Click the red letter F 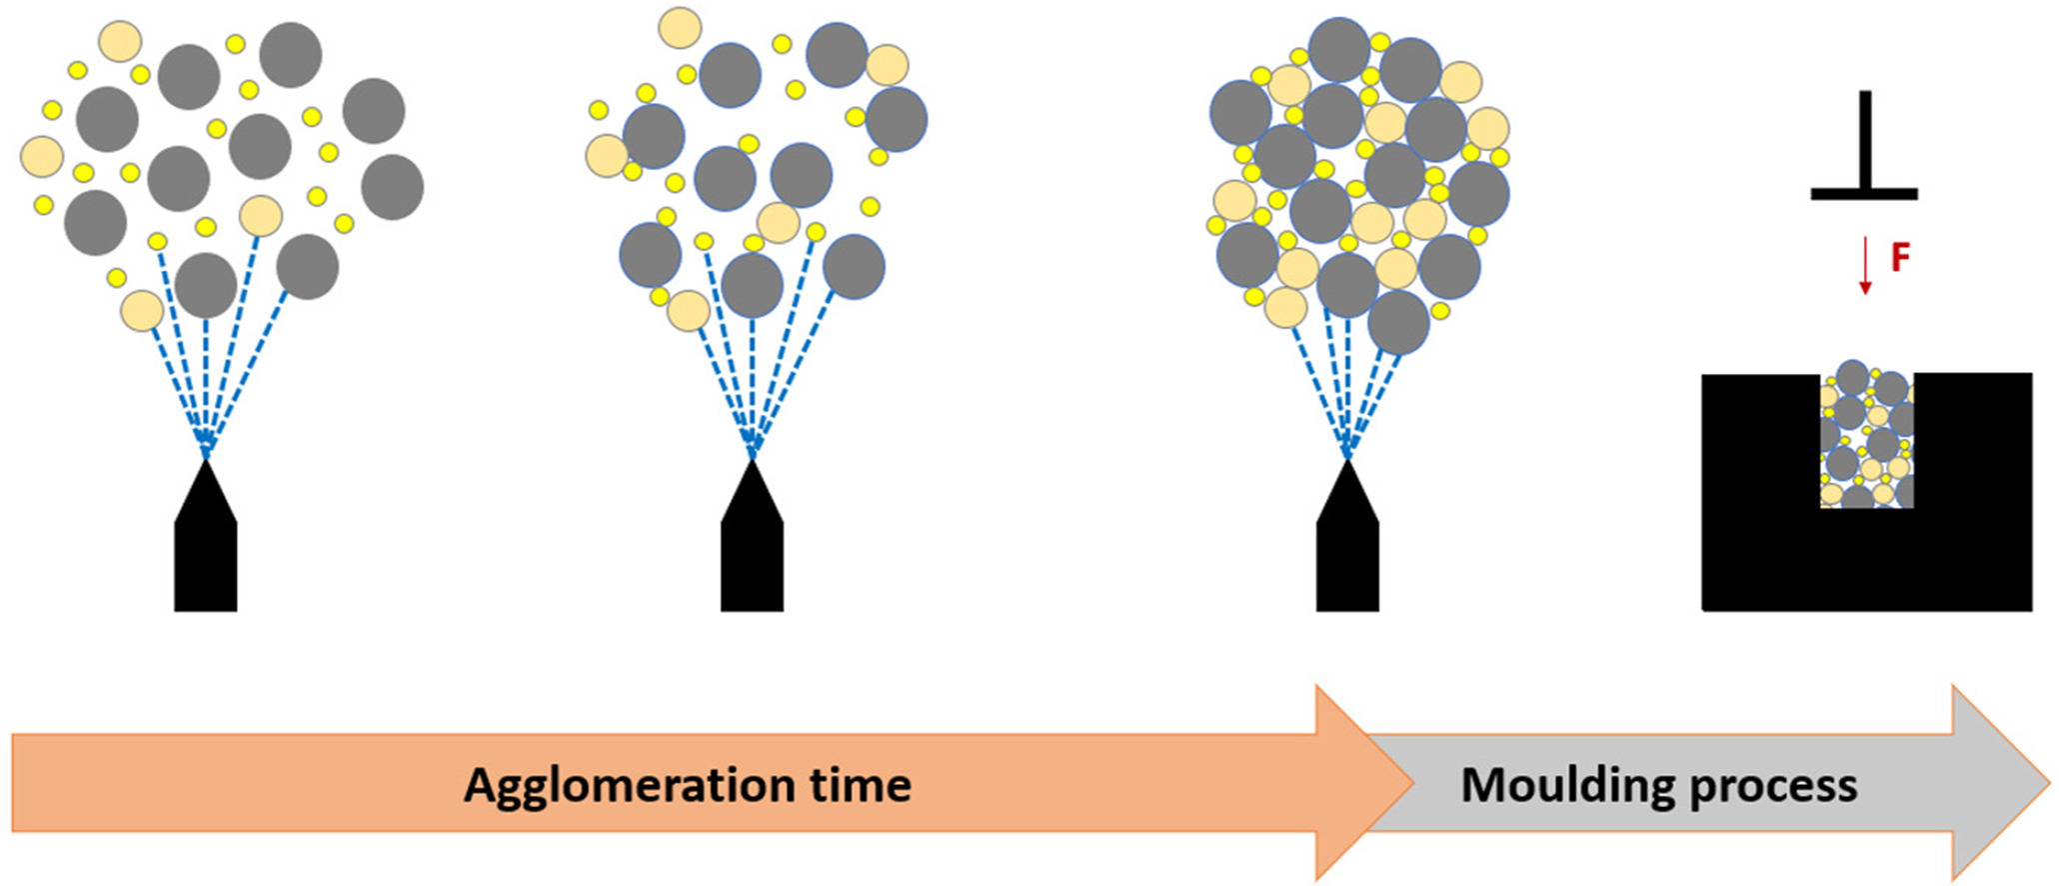click(1900, 258)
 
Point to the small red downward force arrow click(1864, 265)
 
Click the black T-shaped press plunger click(1864, 145)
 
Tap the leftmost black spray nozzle click(206, 536)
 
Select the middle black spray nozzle click(752, 536)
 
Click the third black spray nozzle click(1347, 536)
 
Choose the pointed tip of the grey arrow click(2050, 784)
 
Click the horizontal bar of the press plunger click(1864, 194)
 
